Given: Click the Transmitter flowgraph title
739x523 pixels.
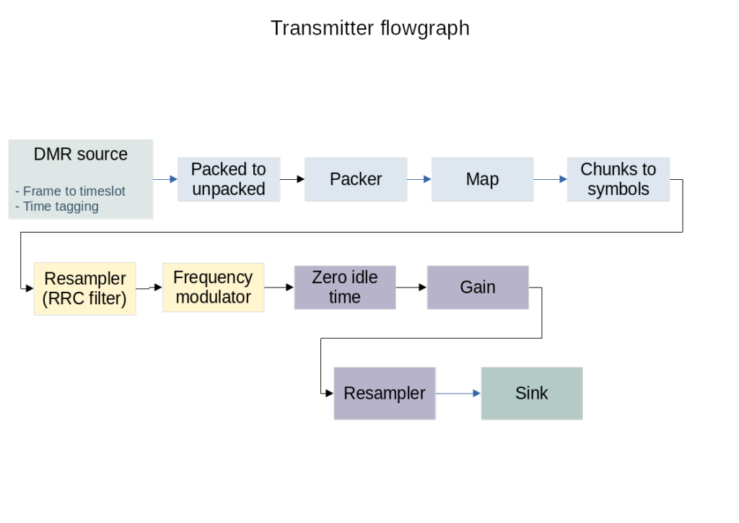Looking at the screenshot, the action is click(x=370, y=28).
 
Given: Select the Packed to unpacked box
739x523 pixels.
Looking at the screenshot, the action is click(x=229, y=179).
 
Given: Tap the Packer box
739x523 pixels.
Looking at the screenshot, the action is click(x=356, y=179).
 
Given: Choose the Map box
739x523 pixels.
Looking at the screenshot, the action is click(x=483, y=179).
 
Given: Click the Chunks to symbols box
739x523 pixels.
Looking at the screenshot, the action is click(x=618, y=179).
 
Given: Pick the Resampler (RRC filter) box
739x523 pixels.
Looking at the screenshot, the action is click(x=85, y=289).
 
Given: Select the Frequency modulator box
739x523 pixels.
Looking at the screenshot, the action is click(x=214, y=288).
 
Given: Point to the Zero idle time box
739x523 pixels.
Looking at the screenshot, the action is click(x=345, y=288).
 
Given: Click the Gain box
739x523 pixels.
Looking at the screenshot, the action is click(x=478, y=288).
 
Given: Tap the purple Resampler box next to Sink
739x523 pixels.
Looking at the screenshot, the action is click(x=385, y=393).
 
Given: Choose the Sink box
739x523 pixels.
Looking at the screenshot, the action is click(x=532, y=393).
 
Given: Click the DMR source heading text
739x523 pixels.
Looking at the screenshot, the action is click(x=81, y=154).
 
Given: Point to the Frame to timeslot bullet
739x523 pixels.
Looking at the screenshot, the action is click(x=70, y=191).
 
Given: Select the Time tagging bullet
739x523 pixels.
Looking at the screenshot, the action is click(x=57, y=207).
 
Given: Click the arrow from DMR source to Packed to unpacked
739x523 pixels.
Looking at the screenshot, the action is click(x=165, y=179).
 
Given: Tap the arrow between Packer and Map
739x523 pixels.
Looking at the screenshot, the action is click(x=419, y=179).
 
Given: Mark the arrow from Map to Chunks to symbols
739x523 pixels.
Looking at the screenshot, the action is click(x=551, y=179).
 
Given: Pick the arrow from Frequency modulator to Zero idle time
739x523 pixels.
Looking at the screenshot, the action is click(x=279, y=288).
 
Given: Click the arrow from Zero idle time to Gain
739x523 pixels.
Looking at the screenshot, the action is click(x=411, y=288).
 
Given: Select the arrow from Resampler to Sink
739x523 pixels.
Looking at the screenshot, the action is click(x=458, y=393).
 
